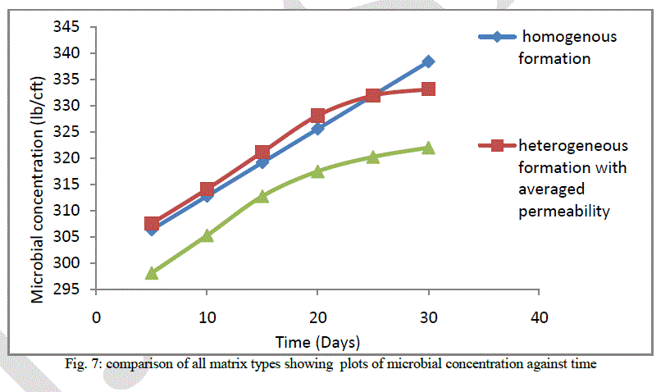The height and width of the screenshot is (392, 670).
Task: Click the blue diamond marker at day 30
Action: [x=428, y=62]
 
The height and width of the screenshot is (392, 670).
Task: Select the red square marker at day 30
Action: [x=428, y=89]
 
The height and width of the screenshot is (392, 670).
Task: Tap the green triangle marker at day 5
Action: [x=151, y=273]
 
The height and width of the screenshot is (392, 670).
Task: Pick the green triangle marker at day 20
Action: [x=317, y=171]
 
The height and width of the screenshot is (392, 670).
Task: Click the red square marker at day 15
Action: [x=262, y=152]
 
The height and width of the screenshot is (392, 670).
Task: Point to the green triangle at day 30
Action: [x=428, y=148]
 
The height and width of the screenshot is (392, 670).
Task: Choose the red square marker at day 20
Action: [x=317, y=116]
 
